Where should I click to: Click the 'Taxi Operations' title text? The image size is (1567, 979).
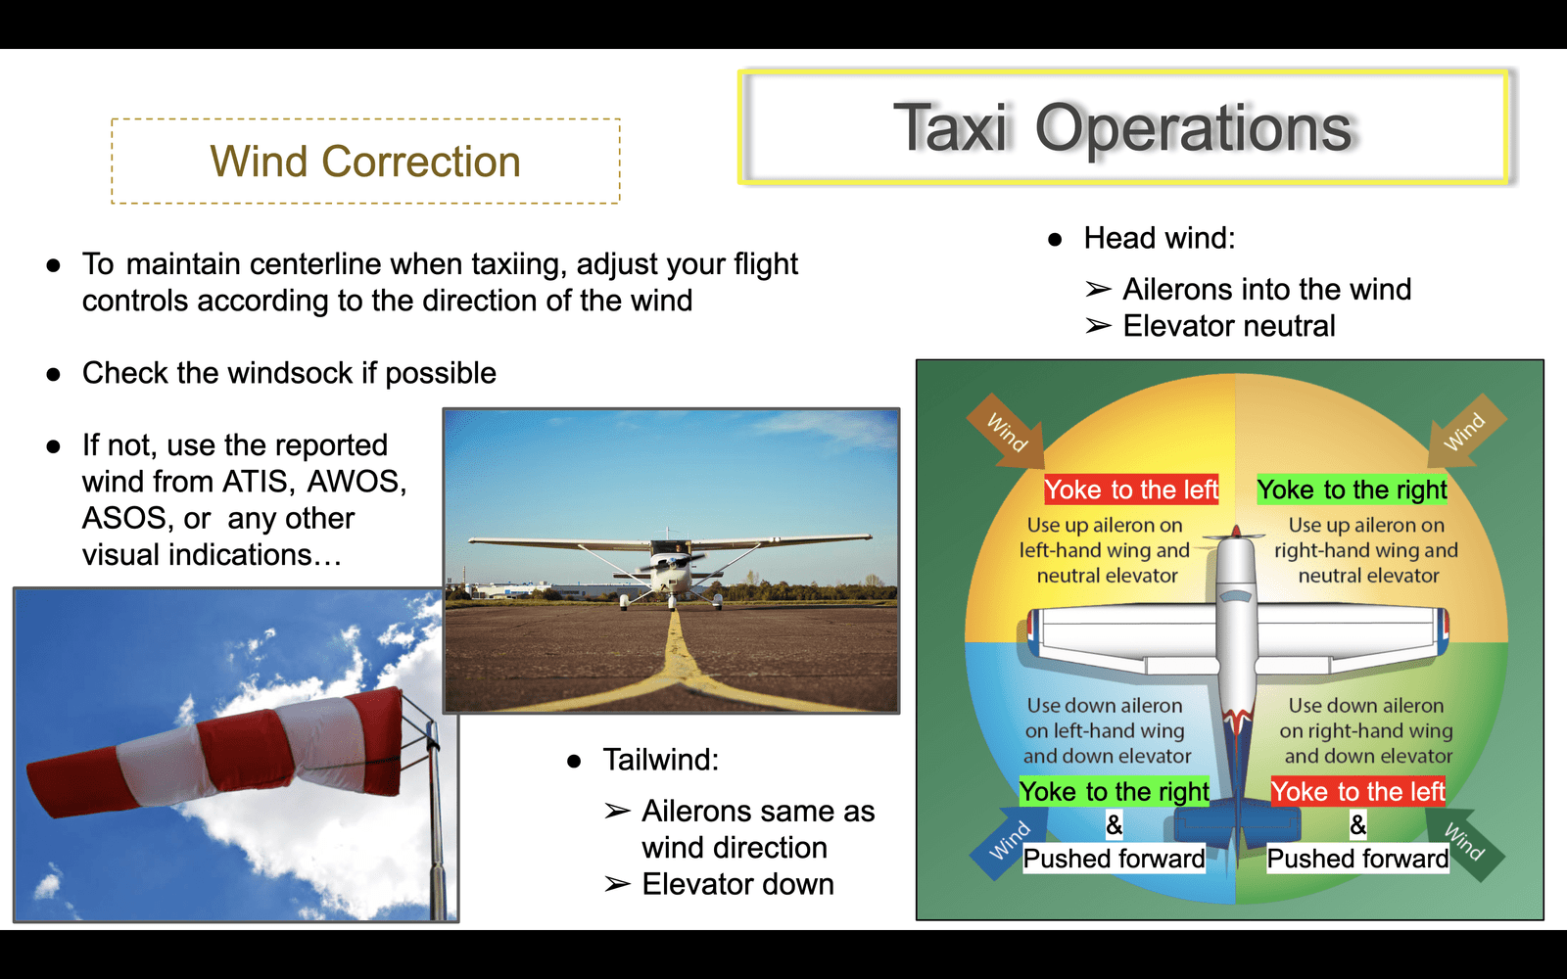click(x=1122, y=128)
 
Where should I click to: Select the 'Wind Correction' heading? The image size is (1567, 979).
click(x=365, y=162)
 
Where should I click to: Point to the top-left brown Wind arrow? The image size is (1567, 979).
click(x=1008, y=431)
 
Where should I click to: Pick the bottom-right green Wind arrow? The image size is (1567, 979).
click(x=1465, y=843)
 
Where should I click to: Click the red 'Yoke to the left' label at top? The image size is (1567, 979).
click(x=1131, y=489)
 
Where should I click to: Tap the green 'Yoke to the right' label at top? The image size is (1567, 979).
click(x=1353, y=489)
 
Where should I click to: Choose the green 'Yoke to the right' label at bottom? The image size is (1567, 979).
click(x=1115, y=792)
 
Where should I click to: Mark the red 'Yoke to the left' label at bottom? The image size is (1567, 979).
click(x=1357, y=792)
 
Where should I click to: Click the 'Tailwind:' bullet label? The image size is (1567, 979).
click(x=660, y=760)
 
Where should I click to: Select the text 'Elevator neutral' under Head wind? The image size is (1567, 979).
click(x=1229, y=326)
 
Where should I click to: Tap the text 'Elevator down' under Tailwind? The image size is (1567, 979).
click(x=738, y=885)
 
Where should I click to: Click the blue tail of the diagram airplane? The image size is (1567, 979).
click(x=1237, y=825)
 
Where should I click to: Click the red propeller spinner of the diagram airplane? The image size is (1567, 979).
click(x=1236, y=533)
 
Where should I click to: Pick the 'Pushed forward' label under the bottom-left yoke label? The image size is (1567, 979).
click(x=1115, y=859)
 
